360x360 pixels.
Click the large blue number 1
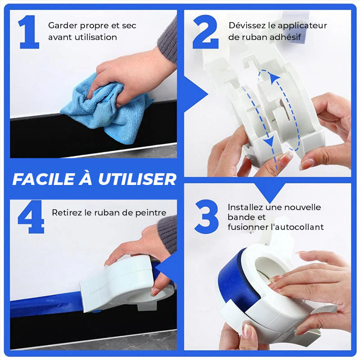pos(29,32)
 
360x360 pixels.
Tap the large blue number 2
pos(205,31)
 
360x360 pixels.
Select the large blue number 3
pos(207,216)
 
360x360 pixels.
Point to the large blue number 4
pos(31,217)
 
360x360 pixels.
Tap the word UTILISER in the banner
pos(137,179)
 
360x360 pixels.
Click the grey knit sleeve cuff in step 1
pos(167,41)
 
